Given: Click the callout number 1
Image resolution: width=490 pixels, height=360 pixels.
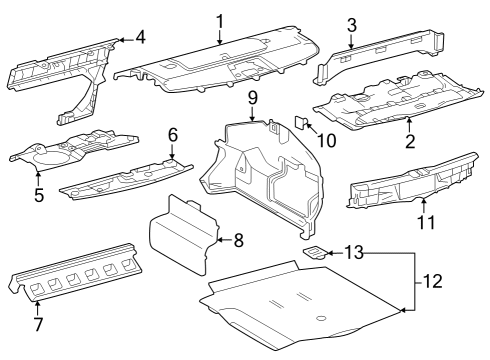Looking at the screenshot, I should [x=220, y=20].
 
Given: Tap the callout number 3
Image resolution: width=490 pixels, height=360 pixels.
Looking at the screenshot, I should [x=351, y=25].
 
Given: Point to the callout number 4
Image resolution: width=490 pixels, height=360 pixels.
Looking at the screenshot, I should [x=140, y=39].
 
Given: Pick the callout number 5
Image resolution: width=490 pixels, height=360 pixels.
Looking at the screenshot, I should [x=38, y=195].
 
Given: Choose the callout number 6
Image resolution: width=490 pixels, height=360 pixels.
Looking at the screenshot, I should [x=172, y=134].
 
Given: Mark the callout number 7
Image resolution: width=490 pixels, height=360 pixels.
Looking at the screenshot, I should [x=37, y=326].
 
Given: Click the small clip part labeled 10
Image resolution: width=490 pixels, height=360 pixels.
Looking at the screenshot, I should [x=301, y=122].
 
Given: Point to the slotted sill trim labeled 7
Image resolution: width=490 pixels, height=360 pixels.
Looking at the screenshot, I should [x=75, y=275].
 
